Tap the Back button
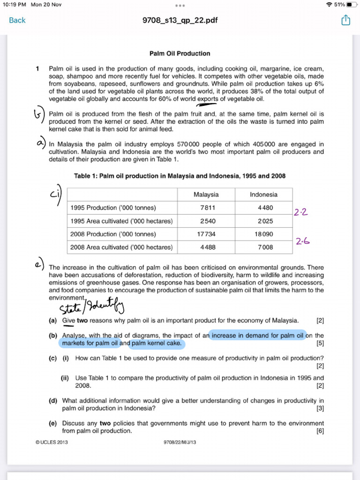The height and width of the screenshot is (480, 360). (17, 20)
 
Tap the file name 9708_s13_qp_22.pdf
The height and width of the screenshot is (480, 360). (180, 20)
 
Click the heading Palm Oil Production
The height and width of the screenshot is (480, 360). (180, 53)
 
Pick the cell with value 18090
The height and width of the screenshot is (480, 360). (264, 234)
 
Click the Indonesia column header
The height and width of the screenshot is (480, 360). (264, 195)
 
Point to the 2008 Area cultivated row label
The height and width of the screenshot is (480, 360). (121, 247)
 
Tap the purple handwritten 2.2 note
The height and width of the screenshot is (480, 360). (301, 213)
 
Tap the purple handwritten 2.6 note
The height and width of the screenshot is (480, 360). (302, 241)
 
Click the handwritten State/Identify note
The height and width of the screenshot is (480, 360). (92, 308)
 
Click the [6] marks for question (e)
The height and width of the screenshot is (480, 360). (320, 431)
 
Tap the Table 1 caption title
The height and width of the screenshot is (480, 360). (180, 176)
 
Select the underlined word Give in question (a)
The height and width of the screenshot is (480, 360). (68, 321)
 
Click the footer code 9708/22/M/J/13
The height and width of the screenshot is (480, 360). (180, 442)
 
